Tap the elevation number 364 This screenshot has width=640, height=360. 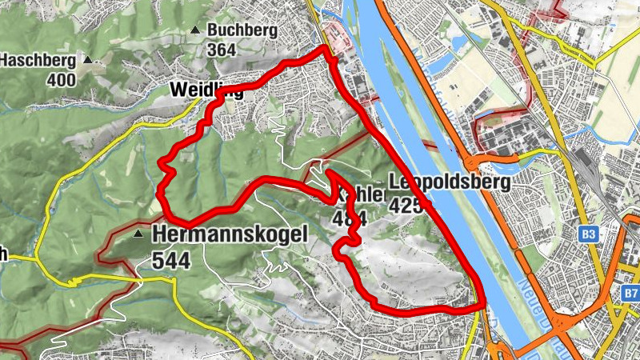coord(221,50)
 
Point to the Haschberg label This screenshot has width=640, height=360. coord(38,60)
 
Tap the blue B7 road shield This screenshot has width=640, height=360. coord(630,294)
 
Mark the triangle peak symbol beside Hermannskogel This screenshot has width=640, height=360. coord(139,234)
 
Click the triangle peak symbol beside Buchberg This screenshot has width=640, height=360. coord(194,30)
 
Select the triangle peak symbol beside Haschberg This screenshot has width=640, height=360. coord(88,60)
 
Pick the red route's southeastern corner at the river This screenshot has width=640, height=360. coord(482,303)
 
